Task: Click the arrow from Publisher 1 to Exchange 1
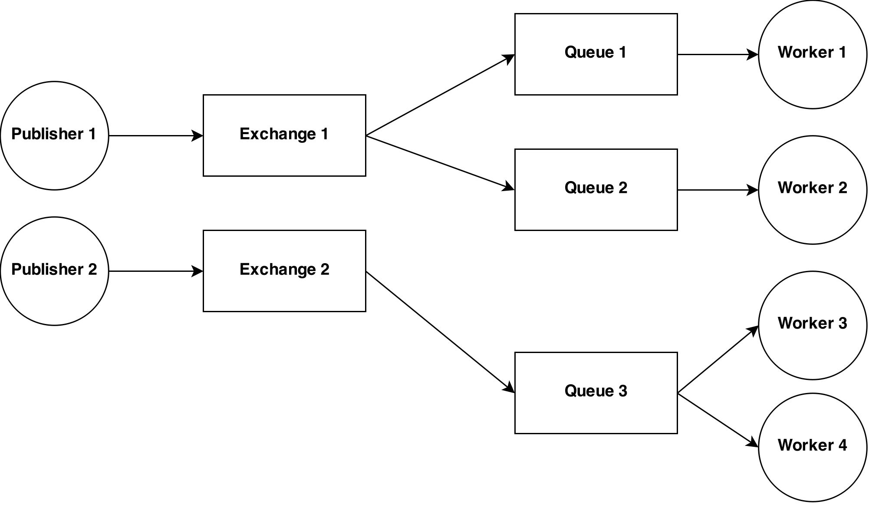pos(156,136)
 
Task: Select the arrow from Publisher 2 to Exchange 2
pos(156,271)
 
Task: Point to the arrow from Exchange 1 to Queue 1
pos(440,95)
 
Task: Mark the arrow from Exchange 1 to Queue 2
pos(440,163)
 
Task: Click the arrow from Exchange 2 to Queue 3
pos(440,332)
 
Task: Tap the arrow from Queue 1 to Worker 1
pos(718,55)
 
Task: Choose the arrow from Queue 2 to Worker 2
pos(718,190)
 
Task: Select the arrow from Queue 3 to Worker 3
pos(718,360)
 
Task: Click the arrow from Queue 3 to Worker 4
pos(718,420)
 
